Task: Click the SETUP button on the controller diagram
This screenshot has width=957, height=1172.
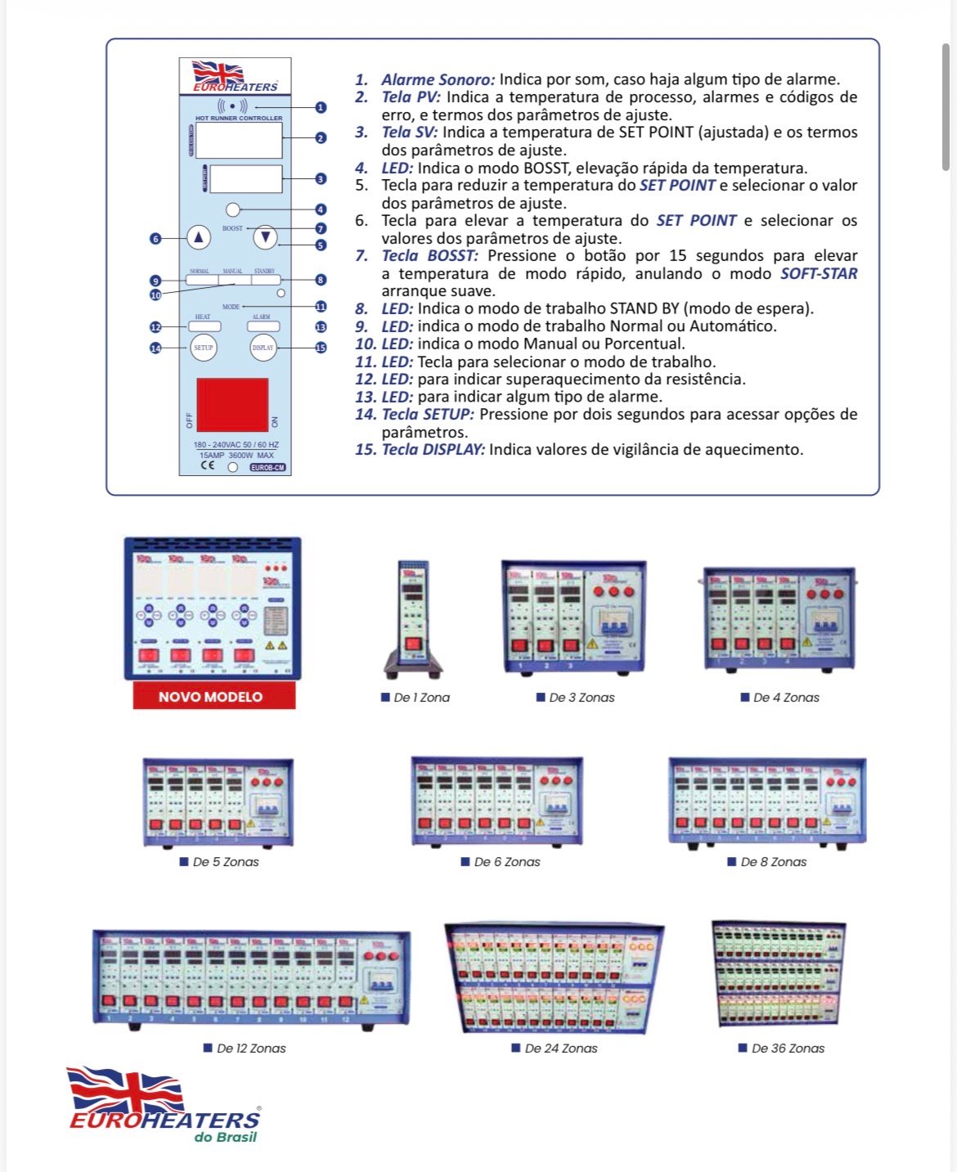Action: [204, 348]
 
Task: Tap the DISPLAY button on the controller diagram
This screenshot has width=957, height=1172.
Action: [263, 348]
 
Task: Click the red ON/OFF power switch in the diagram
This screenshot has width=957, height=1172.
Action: [232, 405]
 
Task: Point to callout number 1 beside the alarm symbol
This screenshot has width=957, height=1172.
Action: [321, 107]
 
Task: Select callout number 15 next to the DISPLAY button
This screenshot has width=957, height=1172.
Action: [321, 348]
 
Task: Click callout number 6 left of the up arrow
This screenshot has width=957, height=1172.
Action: [155, 239]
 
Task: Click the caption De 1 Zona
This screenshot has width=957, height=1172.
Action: [421, 698]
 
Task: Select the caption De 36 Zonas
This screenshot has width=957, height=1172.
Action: [788, 1048]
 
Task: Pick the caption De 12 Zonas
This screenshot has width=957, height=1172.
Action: [251, 1048]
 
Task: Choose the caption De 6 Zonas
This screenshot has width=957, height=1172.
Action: [507, 862]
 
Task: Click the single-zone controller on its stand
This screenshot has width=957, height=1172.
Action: [413, 618]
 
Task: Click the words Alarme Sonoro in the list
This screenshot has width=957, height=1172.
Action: [438, 80]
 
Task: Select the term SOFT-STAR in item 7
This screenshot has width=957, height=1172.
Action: [819, 273]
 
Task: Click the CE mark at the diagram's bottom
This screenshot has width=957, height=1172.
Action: [208, 465]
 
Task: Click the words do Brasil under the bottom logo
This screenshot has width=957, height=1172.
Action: [226, 1137]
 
